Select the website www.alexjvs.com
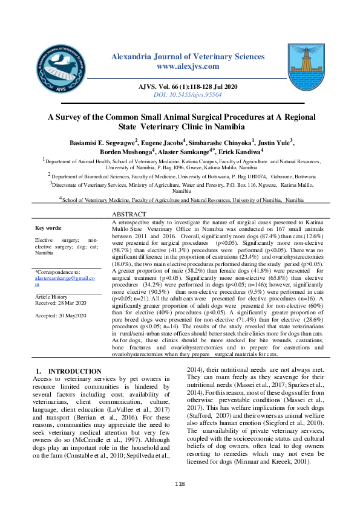point(188,66)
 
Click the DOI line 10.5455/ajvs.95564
point(188,95)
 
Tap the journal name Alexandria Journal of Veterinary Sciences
point(188,56)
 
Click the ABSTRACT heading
point(129,215)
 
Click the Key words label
point(48,228)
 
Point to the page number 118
point(180,484)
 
